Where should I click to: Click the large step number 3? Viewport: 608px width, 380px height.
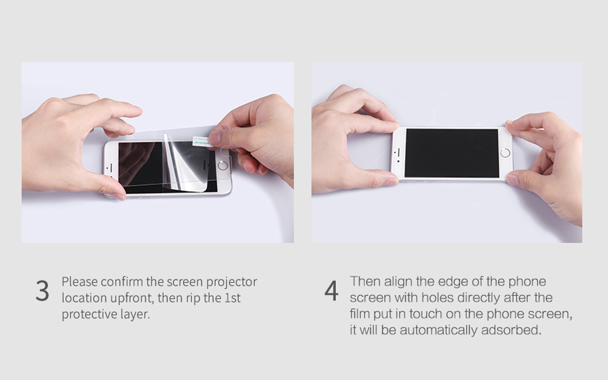tap(42, 291)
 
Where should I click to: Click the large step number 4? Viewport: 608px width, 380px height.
tap(331, 291)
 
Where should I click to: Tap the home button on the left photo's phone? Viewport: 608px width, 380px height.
tap(223, 166)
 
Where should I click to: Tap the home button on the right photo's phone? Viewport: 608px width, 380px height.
tap(505, 153)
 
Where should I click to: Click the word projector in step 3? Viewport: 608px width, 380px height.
tap(232, 282)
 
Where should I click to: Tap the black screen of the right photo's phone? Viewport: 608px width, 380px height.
tap(452, 153)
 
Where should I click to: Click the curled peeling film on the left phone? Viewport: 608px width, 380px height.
tap(186, 163)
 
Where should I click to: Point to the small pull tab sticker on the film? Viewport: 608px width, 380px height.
tap(202, 142)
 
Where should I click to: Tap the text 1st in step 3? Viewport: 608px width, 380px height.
tap(233, 298)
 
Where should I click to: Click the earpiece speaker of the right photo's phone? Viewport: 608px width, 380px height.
tap(398, 153)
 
